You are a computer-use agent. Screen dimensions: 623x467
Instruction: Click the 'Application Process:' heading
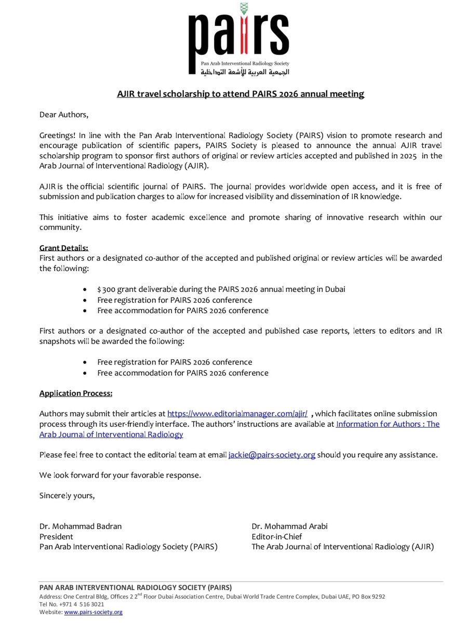[x=76, y=393]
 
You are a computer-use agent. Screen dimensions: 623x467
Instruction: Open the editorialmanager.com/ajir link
[x=237, y=414]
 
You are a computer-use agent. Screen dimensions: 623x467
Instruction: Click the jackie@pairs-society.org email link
[x=272, y=455]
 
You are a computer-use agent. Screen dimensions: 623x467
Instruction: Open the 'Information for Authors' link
[x=387, y=424]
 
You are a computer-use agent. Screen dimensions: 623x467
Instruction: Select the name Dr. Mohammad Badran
[x=81, y=526]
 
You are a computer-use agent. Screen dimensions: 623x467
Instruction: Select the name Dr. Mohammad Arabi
[x=289, y=526]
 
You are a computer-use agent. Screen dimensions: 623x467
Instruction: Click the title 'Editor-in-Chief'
[x=276, y=536]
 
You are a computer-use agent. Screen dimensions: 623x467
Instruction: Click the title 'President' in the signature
[x=56, y=536]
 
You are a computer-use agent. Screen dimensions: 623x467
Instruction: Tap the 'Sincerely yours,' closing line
[x=67, y=495]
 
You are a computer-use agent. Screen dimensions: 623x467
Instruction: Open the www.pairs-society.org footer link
[x=93, y=612]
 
